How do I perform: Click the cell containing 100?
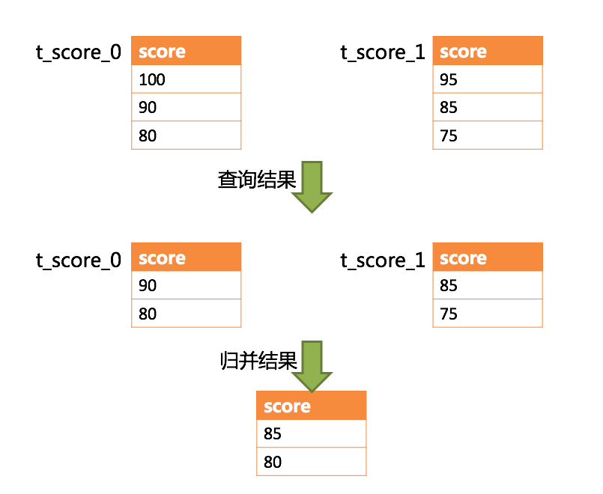coord(186,79)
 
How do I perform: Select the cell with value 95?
coord(487,79)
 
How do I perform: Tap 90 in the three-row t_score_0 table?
coord(186,108)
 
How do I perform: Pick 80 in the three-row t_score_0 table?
coord(186,136)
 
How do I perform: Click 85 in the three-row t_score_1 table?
coord(487,108)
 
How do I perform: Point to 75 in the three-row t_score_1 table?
coord(487,136)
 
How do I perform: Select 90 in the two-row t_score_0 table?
coord(186,285)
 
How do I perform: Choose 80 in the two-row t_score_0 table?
coord(186,314)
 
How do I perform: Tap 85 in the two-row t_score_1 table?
coord(487,285)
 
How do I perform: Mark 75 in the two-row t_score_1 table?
coord(487,314)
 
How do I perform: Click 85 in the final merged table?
coord(311,433)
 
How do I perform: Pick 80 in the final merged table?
coord(311,462)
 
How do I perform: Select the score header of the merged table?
coord(311,406)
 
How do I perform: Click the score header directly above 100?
coord(186,51)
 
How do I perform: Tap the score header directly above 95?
coord(487,51)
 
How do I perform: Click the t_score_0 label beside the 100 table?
coord(79,52)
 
